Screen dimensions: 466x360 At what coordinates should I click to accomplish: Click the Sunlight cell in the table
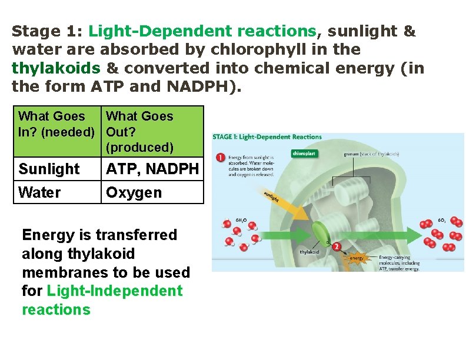[57, 169]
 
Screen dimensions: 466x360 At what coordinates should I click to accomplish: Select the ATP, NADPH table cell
[152, 169]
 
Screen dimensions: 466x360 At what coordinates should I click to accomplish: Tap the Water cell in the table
[57, 192]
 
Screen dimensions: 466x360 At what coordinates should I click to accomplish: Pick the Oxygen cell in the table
[152, 192]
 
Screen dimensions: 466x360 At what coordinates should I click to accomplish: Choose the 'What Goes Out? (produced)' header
[152, 131]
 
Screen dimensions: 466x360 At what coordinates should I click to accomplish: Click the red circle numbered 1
[219, 158]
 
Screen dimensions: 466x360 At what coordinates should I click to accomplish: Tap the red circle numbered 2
[336, 247]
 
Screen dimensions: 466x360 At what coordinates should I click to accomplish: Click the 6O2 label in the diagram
[442, 220]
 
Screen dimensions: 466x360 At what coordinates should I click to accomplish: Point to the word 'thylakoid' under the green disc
[310, 252]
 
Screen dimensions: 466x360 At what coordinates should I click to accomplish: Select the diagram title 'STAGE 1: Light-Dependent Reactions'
[268, 137]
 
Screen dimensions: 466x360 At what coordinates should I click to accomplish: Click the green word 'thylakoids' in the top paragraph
[56, 68]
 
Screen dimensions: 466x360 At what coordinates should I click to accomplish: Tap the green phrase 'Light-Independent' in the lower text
[114, 291]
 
